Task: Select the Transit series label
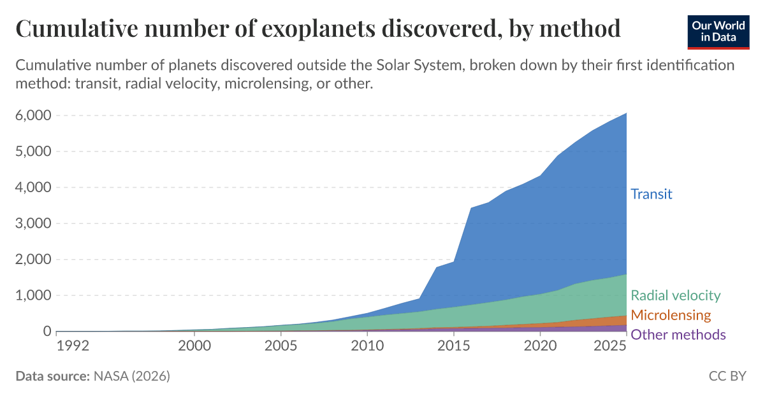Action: pos(651,194)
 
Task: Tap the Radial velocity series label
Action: pos(675,295)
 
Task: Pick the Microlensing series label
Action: pos(670,315)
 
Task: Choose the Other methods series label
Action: pos(678,335)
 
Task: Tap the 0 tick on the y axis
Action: pos(46,331)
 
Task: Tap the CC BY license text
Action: pos(727,376)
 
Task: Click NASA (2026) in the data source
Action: pos(131,376)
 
